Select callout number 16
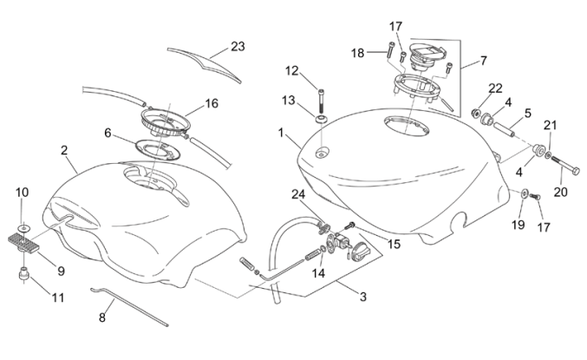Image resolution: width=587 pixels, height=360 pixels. pyautogui.click(x=212, y=103)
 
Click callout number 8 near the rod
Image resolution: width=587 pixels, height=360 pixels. pyautogui.click(x=101, y=317)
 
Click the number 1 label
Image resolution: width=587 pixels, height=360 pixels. pyautogui.click(x=280, y=134)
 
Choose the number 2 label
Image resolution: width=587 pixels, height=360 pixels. pyautogui.click(x=64, y=150)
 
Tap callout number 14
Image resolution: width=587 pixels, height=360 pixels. pyautogui.click(x=319, y=272)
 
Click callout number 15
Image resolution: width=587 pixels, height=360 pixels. pyautogui.click(x=395, y=245)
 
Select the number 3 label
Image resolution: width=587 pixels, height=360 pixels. pyautogui.click(x=363, y=297)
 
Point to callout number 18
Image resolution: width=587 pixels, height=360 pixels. pyautogui.click(x=358, y=53)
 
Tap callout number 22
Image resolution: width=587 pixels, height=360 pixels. pyautogui.click(x=495, y=88)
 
